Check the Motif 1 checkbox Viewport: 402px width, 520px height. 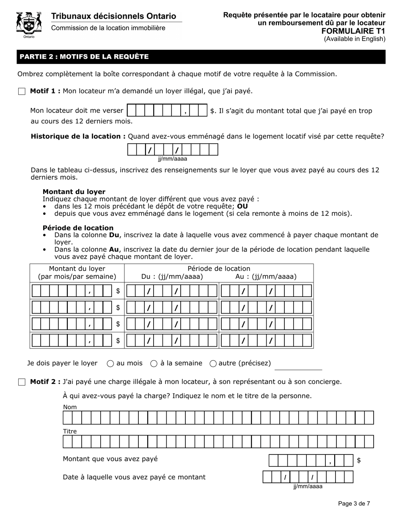(22, 91)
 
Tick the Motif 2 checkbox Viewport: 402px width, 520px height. (22, 382)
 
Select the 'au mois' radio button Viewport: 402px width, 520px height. (110, 363)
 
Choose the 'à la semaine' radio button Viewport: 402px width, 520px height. (154, 363)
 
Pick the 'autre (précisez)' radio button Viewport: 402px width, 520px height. (213, 363)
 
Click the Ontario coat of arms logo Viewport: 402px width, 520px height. (29, 25)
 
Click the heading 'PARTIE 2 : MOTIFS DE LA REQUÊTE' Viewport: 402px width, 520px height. (84, 57)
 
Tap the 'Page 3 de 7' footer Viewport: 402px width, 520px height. (354, 504)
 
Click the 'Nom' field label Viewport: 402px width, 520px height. (70, 407)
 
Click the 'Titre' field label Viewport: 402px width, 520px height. (70, 431)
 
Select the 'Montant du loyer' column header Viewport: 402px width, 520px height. (77, 273)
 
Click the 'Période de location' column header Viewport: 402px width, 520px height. (219, 268)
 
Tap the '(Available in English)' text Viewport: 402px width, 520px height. (355, 39)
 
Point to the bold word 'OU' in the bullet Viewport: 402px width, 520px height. (242, 206)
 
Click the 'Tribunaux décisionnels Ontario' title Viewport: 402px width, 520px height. (113, 16)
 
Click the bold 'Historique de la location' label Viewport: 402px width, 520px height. (78, 136)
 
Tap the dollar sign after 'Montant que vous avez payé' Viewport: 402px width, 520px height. (359, 460)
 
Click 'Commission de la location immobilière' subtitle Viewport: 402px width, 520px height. (108, 28)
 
